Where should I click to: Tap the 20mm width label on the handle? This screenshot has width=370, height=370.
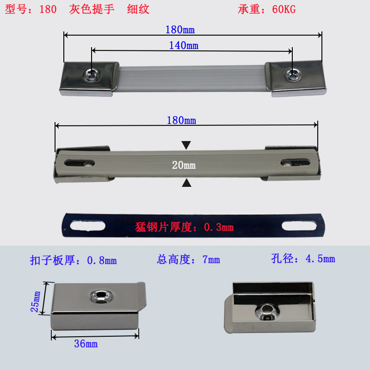pos(184,165)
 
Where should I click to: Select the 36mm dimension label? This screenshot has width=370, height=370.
pos(86,344)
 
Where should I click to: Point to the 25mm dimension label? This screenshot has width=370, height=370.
pos(36,301)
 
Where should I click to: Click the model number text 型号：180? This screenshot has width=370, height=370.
pos(31,9)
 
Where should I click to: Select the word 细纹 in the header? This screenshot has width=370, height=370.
pos(138,9)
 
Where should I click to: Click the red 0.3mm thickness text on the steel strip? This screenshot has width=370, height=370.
pos(185,227)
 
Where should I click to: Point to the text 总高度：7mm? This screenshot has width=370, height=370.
pos(188,259)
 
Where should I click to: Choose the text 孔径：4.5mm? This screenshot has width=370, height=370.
pos(303,259)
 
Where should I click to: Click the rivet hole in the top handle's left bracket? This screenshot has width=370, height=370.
pos(92,74)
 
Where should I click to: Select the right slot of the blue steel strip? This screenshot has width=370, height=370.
pos(299,226)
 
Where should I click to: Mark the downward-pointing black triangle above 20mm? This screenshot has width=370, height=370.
pos(186,146)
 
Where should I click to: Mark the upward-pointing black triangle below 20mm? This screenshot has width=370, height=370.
pos(186,183)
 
